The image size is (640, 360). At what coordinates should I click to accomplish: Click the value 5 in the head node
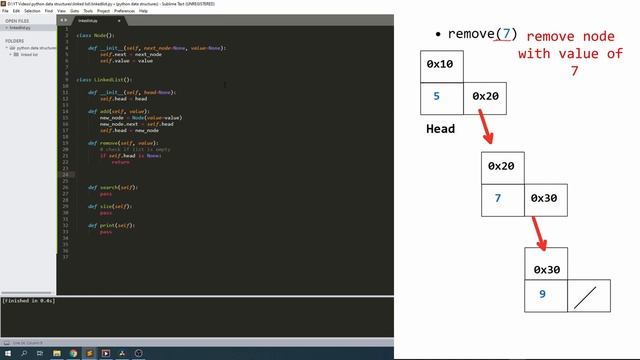(436, 97)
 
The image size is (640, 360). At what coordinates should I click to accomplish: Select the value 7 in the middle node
(498, 197)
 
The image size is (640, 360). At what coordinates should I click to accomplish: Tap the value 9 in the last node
(542, 295)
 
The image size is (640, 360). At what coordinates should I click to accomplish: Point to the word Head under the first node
(441, 129)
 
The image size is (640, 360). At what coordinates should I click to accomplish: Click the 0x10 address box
(440, 64)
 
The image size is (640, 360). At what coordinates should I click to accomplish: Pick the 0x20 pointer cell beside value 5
(485, 97)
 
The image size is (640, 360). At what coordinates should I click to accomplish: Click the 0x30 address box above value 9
(546, 269)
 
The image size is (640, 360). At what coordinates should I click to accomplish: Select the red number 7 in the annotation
(573, 73)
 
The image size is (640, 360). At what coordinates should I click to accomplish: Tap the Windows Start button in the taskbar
(6, 354)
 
